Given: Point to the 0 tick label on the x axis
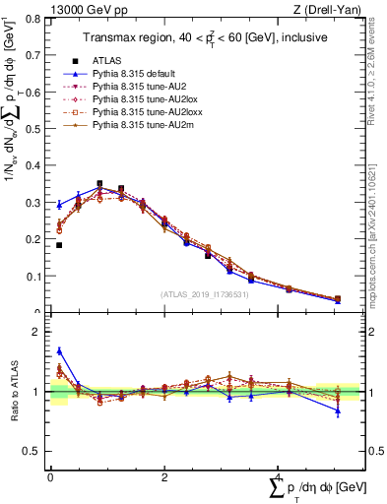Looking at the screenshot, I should coord(50,476).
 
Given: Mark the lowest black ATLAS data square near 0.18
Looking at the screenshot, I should coord(59,245).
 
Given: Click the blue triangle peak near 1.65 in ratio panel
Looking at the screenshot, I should coord(59,350).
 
